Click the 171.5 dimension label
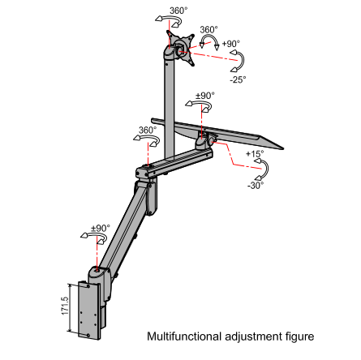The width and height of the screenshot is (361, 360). click(65, 306)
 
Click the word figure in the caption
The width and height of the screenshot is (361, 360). click(300, 337)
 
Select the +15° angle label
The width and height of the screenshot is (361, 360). click(255, 154)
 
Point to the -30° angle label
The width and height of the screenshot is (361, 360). click(256, 186)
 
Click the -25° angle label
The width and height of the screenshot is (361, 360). click(239, 79)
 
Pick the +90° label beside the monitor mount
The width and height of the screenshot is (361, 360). click(230, 44)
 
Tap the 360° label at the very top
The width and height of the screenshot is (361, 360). click(178, 11)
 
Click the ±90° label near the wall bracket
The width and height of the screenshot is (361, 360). click(101, 228)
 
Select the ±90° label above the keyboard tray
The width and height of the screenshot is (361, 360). click(205, 96)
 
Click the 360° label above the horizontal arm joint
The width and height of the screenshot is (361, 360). click(148, 130)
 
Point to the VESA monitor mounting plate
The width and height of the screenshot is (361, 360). click(181, 48)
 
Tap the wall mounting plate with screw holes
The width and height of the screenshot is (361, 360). click(88, 310)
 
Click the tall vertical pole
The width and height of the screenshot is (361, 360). click(170, 108)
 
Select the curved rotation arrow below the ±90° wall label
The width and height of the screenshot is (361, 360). click(94, 238)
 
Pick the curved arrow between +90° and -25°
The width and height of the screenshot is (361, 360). click(242, 61)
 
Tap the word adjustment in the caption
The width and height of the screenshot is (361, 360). click(253, 337)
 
